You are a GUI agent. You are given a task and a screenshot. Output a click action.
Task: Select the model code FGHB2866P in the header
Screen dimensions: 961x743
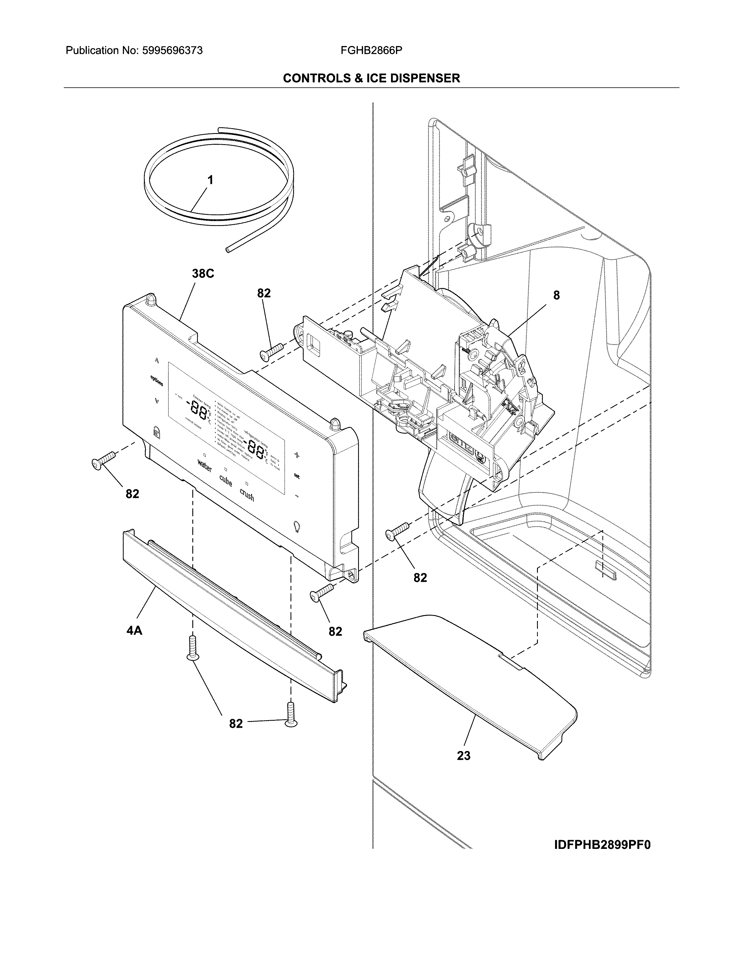(371, 51)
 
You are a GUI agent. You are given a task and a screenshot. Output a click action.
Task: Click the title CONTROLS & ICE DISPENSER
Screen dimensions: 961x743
(371, 78)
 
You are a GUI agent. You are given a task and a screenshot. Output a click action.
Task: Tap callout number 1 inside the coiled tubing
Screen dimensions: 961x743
(210, 180)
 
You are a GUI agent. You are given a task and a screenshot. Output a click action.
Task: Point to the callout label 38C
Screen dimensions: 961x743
(203, 274)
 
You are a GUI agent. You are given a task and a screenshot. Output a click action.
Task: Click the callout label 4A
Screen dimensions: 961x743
(134, 630)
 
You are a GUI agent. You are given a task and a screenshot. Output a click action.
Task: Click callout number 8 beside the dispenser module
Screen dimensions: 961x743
(556, 296)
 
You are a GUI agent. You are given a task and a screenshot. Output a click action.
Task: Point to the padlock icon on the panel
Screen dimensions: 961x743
(156, 432)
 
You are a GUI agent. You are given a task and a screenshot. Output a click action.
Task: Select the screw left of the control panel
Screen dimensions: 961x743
(103, 460)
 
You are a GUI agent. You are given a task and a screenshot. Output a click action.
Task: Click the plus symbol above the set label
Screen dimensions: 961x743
(297, 455)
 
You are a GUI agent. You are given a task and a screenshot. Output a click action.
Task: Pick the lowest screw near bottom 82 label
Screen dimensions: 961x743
(290, 715)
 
